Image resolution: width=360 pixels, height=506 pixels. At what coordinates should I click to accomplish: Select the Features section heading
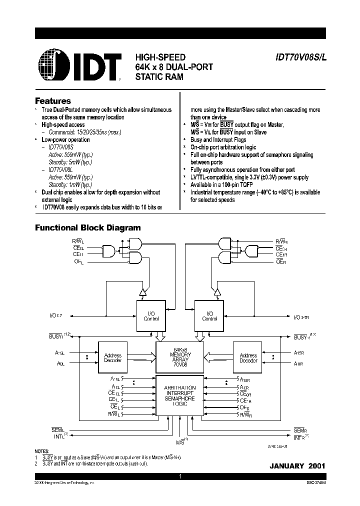(53, 101)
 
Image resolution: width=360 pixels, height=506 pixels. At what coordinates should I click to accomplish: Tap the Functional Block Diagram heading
(87, 228)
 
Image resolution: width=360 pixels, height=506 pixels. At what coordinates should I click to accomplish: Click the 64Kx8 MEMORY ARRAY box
(180, 356)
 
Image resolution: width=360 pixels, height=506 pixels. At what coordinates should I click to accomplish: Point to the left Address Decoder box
(112, 358)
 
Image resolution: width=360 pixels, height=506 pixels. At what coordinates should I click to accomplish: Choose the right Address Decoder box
(248, 358)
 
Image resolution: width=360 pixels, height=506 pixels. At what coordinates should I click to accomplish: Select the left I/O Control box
(151, 315)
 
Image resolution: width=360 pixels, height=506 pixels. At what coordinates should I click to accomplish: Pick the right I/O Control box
(209, 315)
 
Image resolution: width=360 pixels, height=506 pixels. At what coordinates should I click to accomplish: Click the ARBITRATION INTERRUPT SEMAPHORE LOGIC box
(180, 395)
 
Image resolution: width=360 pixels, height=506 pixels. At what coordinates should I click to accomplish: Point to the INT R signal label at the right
(300, 437)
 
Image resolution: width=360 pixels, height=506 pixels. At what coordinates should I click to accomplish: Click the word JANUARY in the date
(286, 466)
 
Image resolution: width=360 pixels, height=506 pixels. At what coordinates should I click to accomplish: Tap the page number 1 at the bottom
(180, 477)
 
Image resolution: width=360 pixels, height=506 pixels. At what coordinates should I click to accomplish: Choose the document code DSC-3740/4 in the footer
(314, 483)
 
